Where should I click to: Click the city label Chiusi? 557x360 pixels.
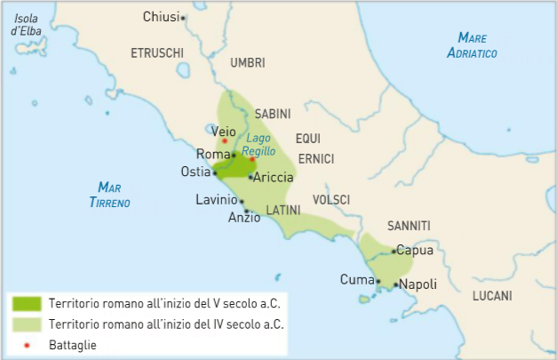click(x=160, y=17)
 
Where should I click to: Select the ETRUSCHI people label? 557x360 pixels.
click(x=156, y=52)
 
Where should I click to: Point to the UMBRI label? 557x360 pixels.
click(x=247, y=63)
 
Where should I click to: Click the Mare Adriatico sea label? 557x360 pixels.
click(x=471, y=45)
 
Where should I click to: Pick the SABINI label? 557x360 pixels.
click(x=273, y=115)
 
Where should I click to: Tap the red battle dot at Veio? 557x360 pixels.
click(x=225, y=140)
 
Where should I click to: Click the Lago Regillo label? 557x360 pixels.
click(x=259, y=145)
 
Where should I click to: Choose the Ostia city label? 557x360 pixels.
click(x=195, y=172)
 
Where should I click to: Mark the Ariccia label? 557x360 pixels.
click(x=274, y=178)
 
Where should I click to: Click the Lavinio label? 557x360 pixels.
click(x=216, y=200)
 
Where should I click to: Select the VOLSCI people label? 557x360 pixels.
click(x=330, y=199)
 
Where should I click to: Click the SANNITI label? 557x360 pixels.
click(x=409, y=226)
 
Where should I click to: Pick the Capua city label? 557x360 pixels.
click(x=415, y=251)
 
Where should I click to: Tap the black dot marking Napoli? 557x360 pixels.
click(x=395, y=284)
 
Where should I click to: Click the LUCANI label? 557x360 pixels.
click(x=492, y=295)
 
